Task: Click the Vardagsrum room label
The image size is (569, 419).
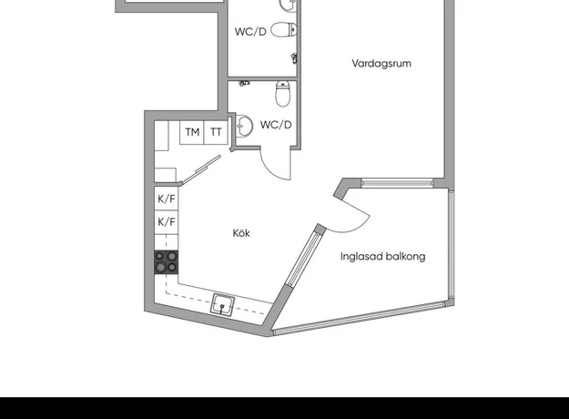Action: click(x=381, y=64)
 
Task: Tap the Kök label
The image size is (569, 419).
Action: click(x=241, y=233)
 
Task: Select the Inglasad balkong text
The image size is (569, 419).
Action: click(x=383, y=257)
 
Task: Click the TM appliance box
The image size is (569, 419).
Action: click(x=192, y=132)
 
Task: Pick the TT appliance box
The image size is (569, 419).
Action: click(x=216, y=132)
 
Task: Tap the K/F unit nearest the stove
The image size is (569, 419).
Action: click(x=167, y=222)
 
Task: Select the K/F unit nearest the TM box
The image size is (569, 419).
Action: click(x=167, y=199)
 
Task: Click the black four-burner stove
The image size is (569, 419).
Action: click(x=167, y=261)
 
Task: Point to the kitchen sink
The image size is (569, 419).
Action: click(x=222, y=304)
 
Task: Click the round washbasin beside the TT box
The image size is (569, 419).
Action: click(x=244, y=126)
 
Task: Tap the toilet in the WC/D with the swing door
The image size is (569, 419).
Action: click(x=283, y=94)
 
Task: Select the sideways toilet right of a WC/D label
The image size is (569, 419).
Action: click(x=284, y=30)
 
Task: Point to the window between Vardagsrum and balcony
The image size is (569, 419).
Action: click(x=397, y=183)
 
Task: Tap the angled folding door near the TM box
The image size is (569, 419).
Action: click(x=200, y=170)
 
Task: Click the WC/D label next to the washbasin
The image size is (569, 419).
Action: click(x=276, y=125)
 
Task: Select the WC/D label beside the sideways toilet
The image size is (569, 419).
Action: click(x=250, y=32)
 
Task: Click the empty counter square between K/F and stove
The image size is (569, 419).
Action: click(x=167, y=242)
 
